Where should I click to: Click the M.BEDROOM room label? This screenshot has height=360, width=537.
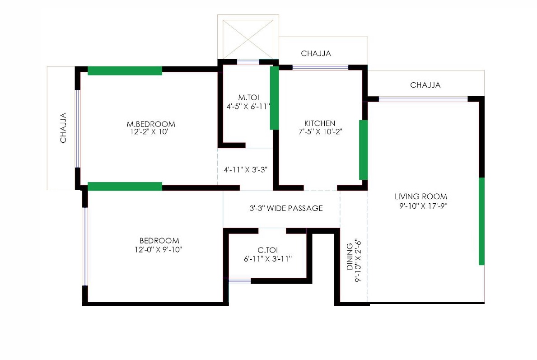point(150,124)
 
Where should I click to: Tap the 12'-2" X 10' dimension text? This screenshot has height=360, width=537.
point(150,132)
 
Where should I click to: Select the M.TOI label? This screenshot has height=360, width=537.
point(248,98)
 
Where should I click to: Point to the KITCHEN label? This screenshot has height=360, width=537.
point(320,123)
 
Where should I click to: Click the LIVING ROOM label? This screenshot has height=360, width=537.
point(421,196)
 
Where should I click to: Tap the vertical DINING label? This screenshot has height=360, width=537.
point(350,257)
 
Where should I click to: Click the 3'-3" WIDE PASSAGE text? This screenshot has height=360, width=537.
point(286,208)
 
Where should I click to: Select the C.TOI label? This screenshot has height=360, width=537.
point(267,250)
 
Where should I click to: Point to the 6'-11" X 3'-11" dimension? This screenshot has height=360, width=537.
point(267,259)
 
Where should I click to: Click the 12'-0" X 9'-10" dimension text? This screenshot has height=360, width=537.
point(159,249)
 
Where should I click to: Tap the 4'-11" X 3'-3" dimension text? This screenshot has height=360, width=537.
point(246,170)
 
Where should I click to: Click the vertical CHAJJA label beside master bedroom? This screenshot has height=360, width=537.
point(64,128)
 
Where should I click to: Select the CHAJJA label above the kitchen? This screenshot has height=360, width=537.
point(316,53)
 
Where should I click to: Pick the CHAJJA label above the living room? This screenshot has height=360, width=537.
point(425,85)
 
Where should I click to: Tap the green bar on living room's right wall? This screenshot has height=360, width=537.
point(481,221)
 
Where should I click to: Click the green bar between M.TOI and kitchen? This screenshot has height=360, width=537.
point(274,98)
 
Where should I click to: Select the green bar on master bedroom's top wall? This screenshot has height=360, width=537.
point(125,70)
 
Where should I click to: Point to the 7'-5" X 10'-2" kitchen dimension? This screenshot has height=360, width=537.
point(320,132)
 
